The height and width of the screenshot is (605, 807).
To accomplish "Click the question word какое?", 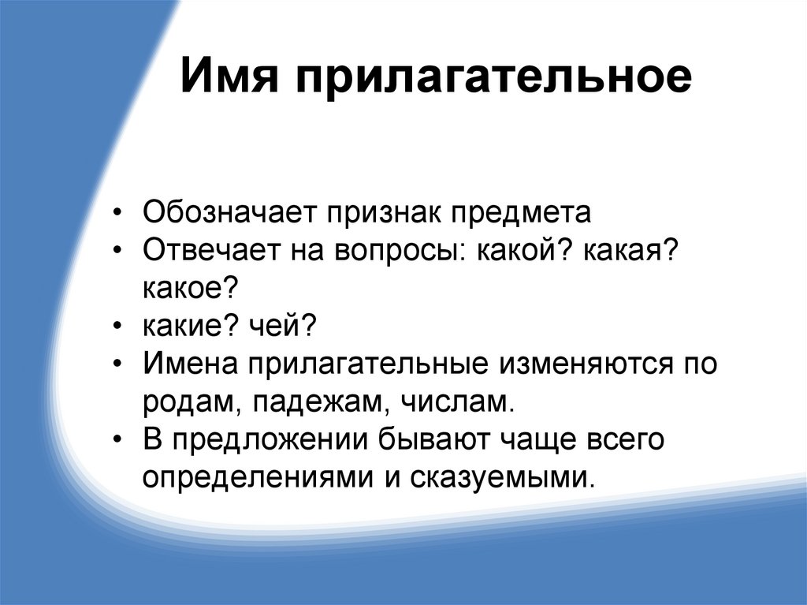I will point(190,288).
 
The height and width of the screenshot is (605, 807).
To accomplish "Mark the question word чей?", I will point(284,325).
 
